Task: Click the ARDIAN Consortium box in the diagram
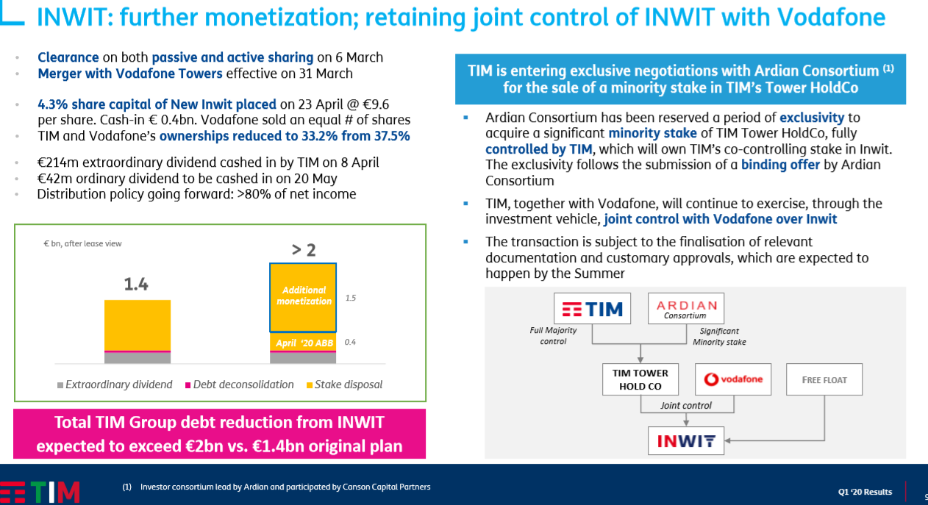tap(686, 308)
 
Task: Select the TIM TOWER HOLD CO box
tap(640, 379)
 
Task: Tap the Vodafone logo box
tap(733, 379)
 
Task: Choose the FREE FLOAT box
tap(824, 379)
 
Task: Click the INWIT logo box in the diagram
tap(686, 441)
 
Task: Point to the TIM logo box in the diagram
tap(593, 308)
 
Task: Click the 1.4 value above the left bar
tap(136, 284)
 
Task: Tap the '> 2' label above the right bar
tap(304, 250)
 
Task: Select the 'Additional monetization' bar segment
tap(303, 298)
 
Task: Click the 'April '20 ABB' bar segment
tap(303, 343)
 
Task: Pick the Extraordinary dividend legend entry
tap(115, 384)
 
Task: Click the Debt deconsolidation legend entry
tap(240, 384)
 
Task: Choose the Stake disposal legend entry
tap(344, 384)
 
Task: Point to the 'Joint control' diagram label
tap(685, 405)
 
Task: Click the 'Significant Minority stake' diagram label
tap(719, 337)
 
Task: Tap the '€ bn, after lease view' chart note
tap(82, 243)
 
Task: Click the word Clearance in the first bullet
tap(68, 57)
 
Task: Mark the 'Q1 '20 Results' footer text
tap(865, 492)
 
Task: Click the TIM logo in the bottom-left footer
tap(40, 493)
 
